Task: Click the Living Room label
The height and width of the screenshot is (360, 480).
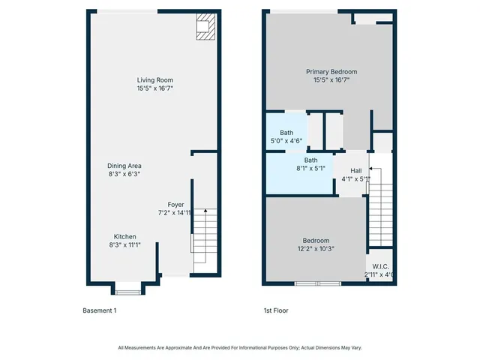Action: pos(155,80)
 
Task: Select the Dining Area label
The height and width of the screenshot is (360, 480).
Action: pos(124,166)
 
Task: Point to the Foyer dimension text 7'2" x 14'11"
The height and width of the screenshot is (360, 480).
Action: pos(175,213)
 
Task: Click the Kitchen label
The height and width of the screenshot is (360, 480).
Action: pos(124,236)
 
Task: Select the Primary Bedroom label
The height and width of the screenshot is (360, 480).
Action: pos(331,71)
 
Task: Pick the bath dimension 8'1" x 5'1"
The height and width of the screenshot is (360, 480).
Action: pos(310,169)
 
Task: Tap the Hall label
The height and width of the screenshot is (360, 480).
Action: pos(355,171)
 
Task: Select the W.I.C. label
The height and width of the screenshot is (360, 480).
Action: pos(380,266)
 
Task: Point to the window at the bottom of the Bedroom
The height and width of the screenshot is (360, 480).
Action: pos(318,283)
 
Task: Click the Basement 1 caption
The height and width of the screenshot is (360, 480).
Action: pos(99,310)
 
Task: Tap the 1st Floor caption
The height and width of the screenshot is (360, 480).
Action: pos(276,310)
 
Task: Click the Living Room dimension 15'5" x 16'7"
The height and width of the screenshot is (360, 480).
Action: pos(155,88)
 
